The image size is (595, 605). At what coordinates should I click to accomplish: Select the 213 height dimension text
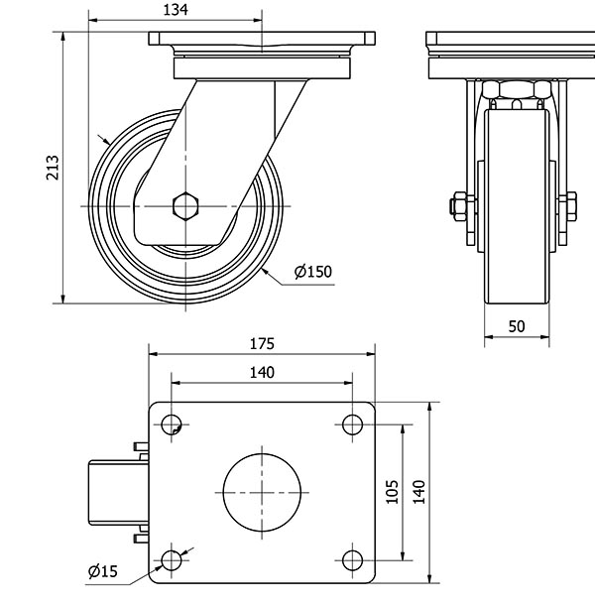53,169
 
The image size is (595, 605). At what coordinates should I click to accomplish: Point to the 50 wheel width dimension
517,325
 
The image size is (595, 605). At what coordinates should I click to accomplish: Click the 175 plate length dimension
262,344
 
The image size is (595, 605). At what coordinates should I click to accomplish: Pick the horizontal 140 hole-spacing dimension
262,372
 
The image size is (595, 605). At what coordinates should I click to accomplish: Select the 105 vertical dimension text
391,493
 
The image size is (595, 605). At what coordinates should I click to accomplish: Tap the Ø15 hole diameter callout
102,570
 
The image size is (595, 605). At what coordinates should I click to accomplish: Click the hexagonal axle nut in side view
184,206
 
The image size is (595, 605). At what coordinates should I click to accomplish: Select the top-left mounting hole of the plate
173,424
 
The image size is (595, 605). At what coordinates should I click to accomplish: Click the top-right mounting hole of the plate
352,424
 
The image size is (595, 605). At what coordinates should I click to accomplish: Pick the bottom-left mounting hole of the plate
173,560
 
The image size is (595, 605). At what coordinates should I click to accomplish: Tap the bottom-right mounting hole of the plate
352,560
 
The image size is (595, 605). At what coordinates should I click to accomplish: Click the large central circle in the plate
262,493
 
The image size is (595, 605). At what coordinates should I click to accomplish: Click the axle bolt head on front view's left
455,206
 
